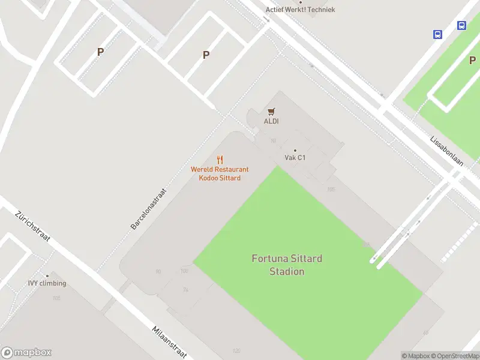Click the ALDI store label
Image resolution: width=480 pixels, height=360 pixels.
click(271, 121)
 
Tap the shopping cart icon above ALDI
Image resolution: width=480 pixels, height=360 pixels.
click(271, 111)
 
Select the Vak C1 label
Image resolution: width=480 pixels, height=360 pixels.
click(295, 158)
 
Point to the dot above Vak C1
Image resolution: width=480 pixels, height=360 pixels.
click(295, 150)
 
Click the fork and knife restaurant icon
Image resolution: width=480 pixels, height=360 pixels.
click(220, 160)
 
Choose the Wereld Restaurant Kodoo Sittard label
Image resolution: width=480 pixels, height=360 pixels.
click(220, 173)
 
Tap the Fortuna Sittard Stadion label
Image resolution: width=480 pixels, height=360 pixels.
click(287, 265)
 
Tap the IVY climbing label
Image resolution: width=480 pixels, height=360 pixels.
click(47, 283)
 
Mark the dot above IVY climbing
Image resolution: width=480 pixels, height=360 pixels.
click(47, 276)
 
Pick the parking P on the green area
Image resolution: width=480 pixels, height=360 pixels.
click(472, 60)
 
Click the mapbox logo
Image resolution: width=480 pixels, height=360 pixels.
click(26, 352)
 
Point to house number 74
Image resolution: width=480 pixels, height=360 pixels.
click(185, 290)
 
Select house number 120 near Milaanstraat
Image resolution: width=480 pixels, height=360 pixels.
click(236, 350)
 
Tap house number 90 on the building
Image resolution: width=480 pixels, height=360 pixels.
click(158, 272)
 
